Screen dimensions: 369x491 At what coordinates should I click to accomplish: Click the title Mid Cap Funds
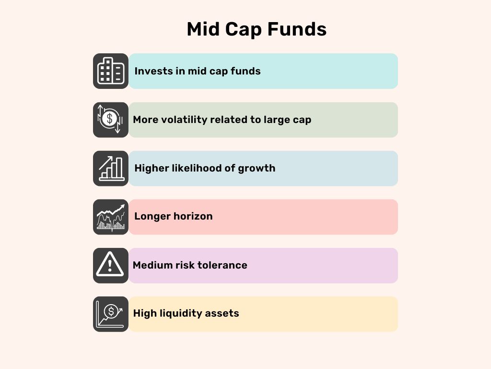257,29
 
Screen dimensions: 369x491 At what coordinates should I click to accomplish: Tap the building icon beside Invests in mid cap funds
111,71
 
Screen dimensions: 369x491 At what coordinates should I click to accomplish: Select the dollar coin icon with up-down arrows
111,120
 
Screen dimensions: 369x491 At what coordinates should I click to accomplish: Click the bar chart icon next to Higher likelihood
111,168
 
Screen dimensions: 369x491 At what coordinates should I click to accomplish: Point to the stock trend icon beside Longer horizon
111,217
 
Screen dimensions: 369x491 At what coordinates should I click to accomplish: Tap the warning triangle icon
111,265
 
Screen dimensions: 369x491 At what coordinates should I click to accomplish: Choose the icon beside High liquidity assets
111,314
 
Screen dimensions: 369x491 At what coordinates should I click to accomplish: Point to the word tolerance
224,265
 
